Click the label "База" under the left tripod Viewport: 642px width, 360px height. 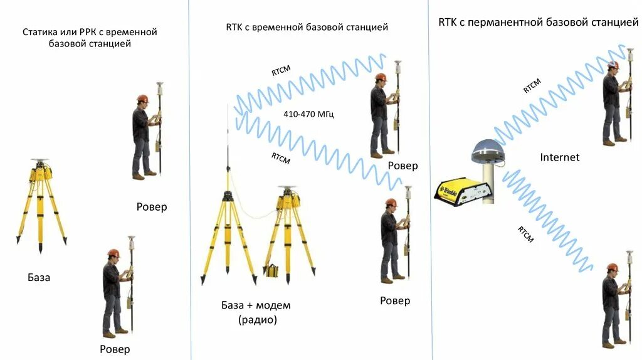coord(39,277)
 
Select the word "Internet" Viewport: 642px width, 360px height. coord(560,157)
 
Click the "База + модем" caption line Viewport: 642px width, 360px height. coord(256,305)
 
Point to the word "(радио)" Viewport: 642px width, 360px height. coord(256,320)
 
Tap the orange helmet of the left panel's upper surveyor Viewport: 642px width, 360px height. coord(142,99)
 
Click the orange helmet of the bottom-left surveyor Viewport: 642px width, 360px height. coord(113,253)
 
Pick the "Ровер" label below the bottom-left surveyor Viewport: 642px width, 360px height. coord(115,349)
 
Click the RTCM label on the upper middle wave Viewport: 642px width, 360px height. coord(281,70)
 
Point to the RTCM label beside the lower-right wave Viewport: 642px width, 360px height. coord(525,235)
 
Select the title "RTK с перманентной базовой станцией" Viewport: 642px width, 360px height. coord(538,23)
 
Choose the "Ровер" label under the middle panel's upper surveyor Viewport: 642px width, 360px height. coord(403,166)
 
